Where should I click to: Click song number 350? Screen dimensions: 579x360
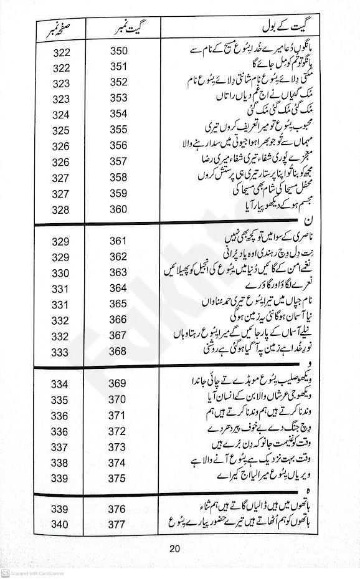(118, 50)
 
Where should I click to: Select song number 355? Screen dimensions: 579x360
(118, 130)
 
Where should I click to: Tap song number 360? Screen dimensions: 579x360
(118, 209)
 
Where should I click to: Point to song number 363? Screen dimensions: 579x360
(118, 272)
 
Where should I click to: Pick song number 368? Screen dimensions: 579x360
(118, 352)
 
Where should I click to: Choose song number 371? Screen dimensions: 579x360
(118, 415)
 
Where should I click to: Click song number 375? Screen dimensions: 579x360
(118, 478)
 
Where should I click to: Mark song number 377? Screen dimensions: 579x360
(118, 524)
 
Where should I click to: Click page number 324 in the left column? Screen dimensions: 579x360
(60, 114)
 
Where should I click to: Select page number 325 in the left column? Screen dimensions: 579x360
(60, 130)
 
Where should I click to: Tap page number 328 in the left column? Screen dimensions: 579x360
(60, 209)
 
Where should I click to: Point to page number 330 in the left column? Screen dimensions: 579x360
(60, 272)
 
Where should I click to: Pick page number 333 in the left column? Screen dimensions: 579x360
(60, 352)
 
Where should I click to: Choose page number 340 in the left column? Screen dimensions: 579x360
(60, 524)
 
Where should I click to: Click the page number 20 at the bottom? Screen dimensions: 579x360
(174, 548)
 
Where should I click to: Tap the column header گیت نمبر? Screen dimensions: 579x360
(118, 29)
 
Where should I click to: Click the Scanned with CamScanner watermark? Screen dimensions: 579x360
(37, 573)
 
